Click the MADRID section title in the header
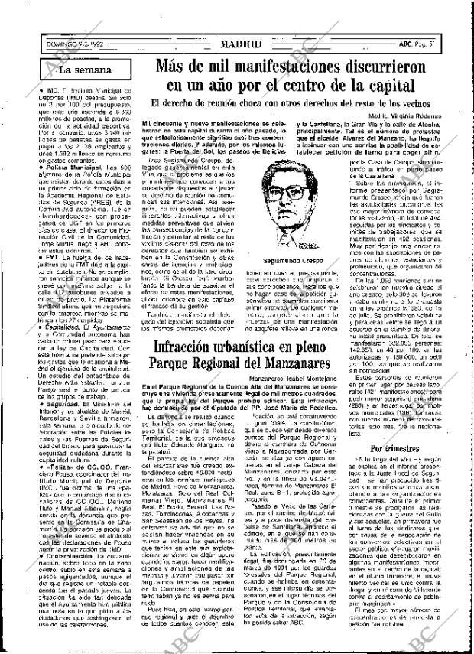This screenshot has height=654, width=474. (x=236, y=44)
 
